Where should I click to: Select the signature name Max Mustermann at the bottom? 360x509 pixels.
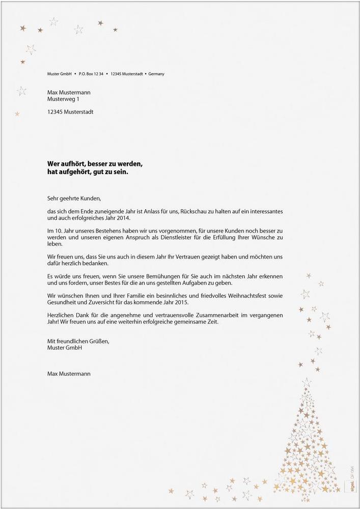69,374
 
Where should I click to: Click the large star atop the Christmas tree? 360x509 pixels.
307,382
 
